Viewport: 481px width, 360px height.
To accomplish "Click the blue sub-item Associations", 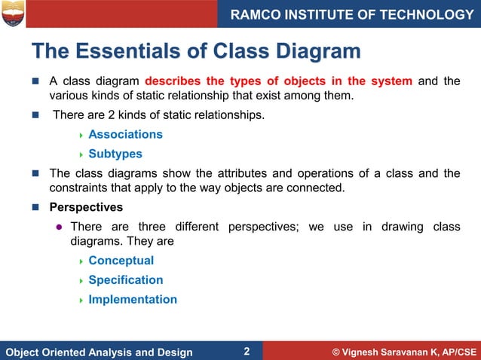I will [125, 135].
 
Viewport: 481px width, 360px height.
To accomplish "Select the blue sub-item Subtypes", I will [115, 154].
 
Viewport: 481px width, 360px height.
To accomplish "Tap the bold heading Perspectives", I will [86, 207].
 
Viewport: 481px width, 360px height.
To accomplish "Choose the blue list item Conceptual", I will [121, 261].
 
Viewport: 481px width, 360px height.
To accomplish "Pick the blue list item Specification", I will [125, 280].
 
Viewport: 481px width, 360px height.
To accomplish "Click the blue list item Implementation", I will [133, 300].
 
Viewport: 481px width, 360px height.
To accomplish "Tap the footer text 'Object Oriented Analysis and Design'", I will [99, 352].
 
